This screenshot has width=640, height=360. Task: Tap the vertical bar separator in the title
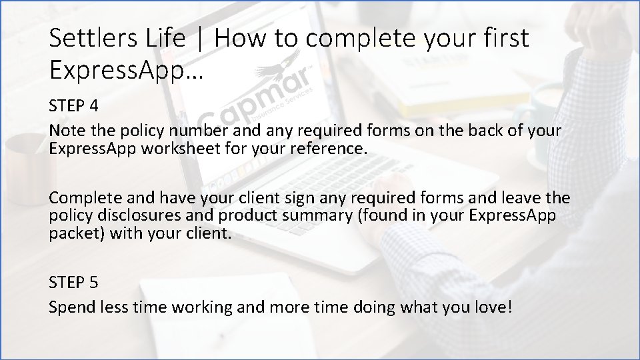click(x=200, y=40)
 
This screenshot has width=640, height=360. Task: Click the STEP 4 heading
click(x=73, y=107)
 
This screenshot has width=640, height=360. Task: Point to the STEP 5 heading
click(x=73, y=282)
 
